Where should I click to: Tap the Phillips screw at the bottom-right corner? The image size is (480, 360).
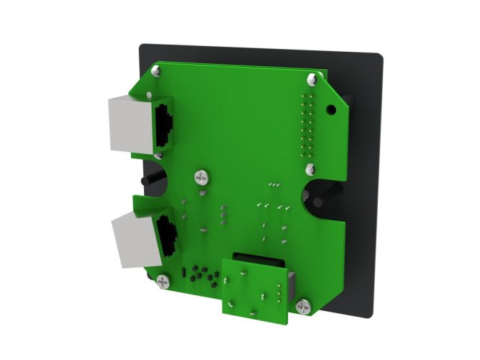[x=302, y=307]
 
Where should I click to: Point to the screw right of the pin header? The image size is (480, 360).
[x=310, y=170]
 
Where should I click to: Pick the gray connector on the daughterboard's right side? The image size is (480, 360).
[x=291, y=287]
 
